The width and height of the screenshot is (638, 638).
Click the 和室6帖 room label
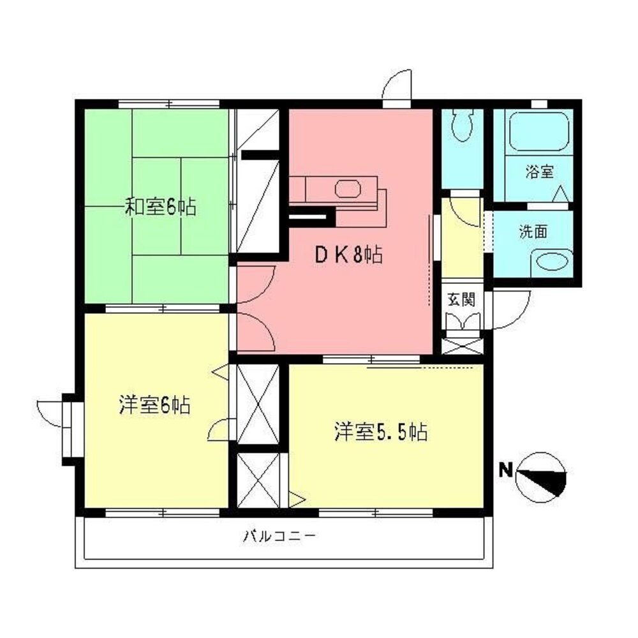pos(159,207)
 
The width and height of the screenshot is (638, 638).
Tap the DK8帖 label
pos(348,256)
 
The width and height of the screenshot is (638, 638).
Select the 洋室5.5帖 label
pos(380,432)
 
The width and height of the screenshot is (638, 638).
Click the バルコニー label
pos(279,536)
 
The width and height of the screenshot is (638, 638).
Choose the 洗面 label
pos(533,232)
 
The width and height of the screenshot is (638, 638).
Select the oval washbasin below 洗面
pos(551,262)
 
